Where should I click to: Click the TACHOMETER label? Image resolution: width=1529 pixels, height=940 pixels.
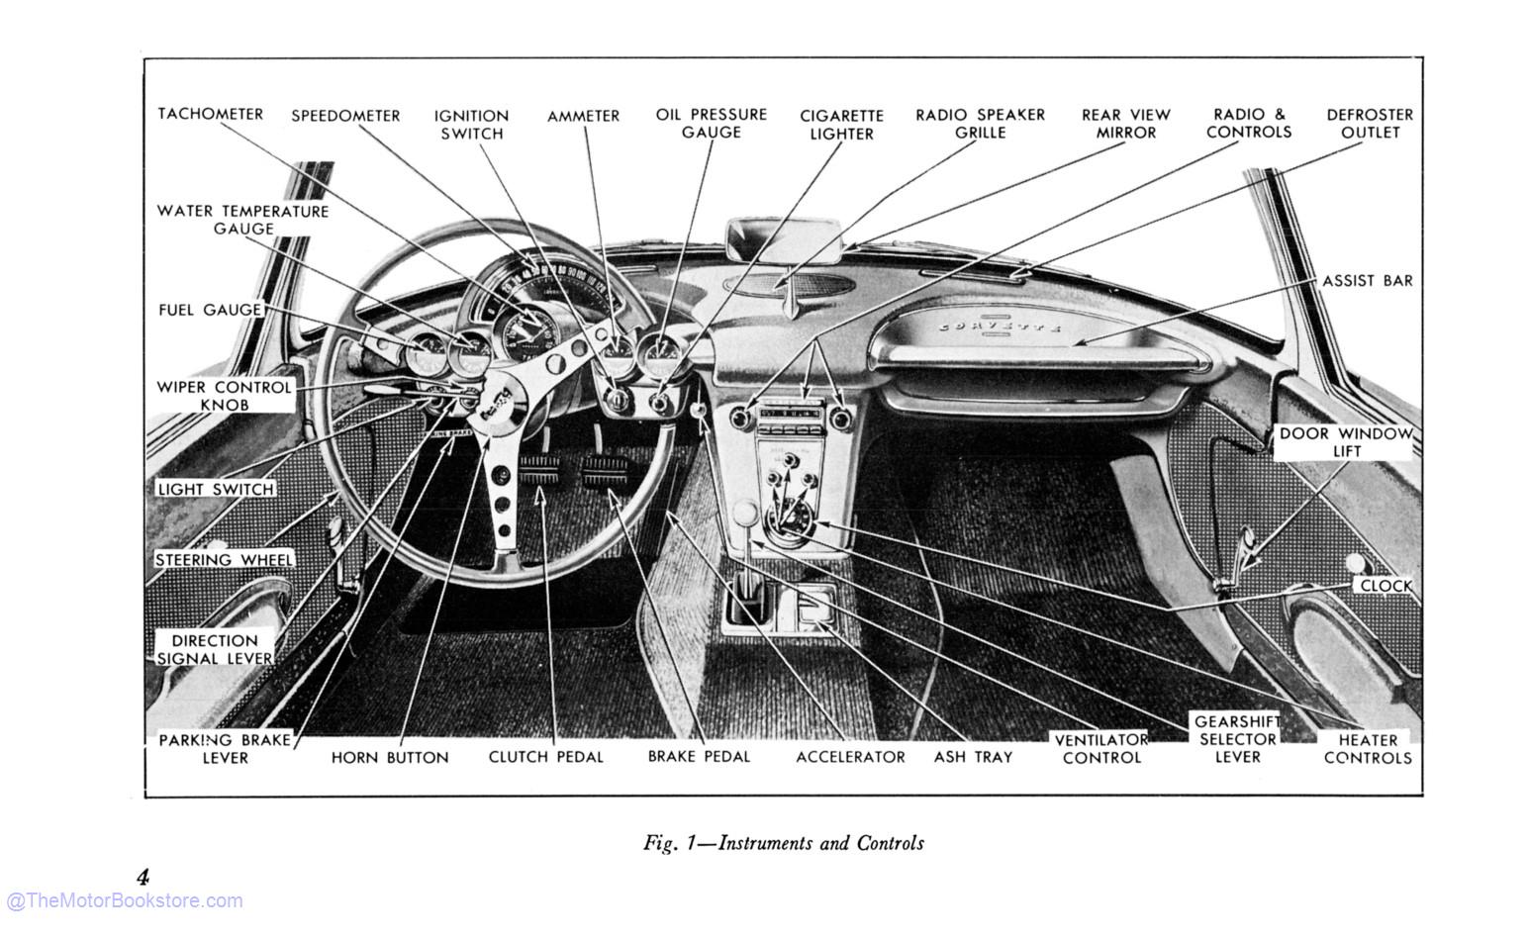[211, 114]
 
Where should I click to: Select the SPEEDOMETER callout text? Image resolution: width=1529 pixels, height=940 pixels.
[345, 116]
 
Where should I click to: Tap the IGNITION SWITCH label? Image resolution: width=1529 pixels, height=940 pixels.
[471, 125]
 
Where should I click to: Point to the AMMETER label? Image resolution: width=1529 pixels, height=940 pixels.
[583, 116]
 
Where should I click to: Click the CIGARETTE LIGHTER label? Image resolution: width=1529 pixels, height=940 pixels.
[841, 125]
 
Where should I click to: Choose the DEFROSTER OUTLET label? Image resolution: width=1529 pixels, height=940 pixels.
[1370, 124]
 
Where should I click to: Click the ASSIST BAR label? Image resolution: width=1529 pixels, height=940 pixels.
[1367, 281]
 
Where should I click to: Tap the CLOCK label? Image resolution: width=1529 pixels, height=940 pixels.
[1386, 586]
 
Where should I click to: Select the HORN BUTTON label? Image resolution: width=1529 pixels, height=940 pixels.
[390, 758]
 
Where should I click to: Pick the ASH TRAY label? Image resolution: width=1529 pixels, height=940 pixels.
[973, 757]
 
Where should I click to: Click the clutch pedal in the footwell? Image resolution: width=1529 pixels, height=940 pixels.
[539, 471]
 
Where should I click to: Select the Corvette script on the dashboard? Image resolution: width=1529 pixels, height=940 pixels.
[1000, 326]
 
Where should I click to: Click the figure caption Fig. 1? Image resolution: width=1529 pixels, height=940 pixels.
[783, 843]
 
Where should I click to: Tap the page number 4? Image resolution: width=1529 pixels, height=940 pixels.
[143, 877]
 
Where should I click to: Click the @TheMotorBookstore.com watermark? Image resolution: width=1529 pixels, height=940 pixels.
[124, 900]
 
